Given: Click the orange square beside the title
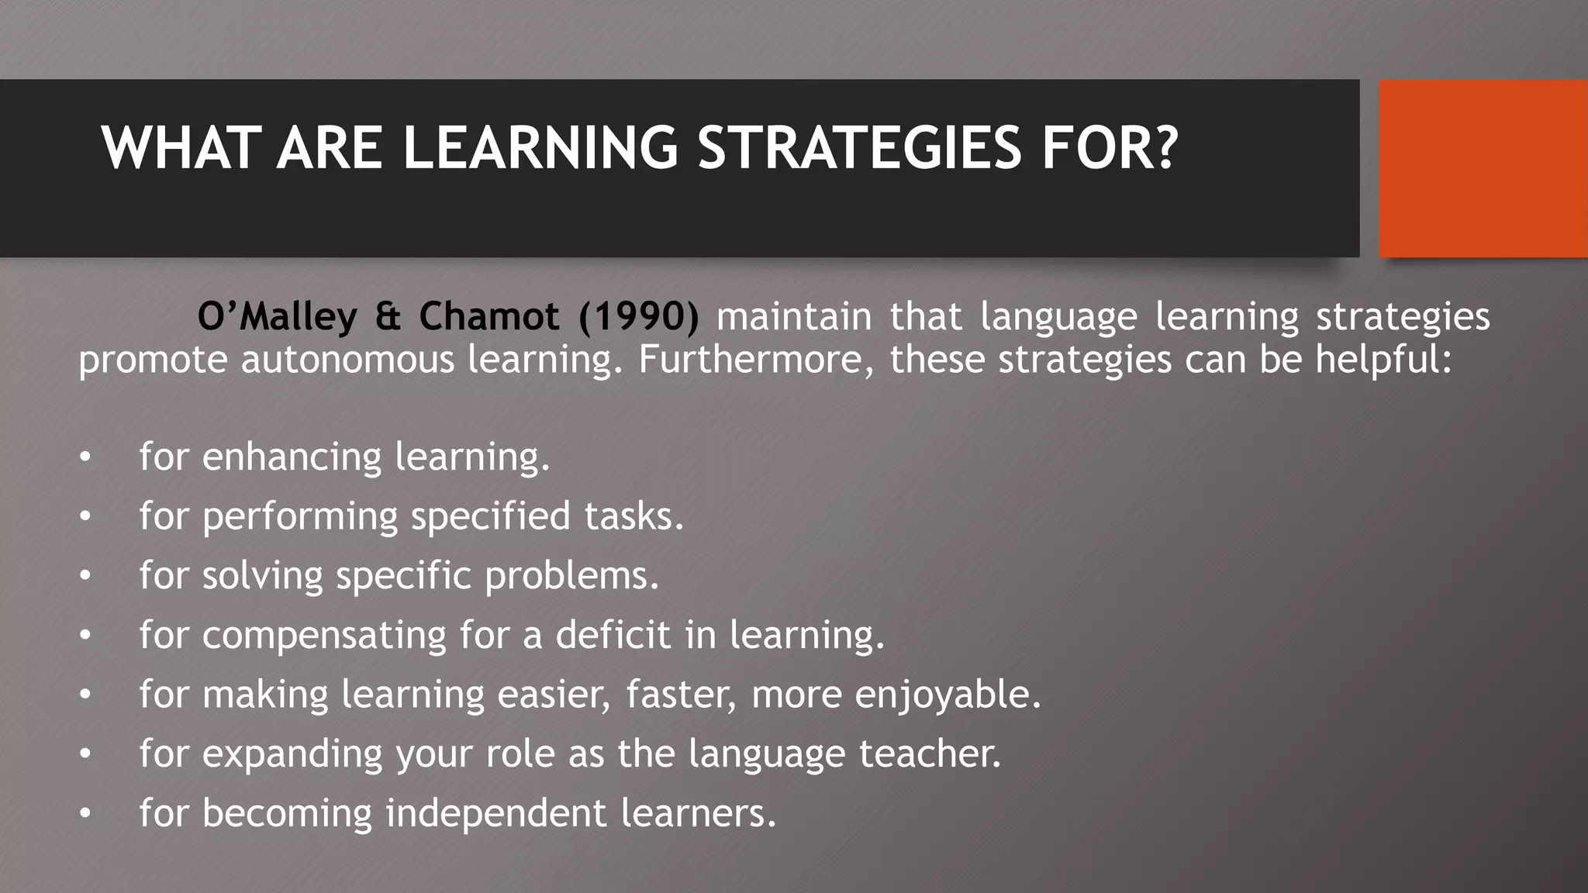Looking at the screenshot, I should pyautogui.click(x=1483, y=168).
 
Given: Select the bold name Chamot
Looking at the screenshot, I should pyautogui.click(x=488, y=316).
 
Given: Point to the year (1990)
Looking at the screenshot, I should pyautogui.click(x=638, y=316).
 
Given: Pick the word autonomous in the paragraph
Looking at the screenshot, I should pyautogui.click(x=347, y=360).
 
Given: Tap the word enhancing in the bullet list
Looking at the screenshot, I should pyautogui.click(x=292, y=457).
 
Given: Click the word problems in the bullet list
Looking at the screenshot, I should pyautogui.click(x=571, y=576).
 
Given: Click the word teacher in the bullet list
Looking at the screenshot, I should pyautogui.click(x=930, y=753).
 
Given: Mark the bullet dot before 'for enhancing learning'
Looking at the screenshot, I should pyautogui.click(x=85, y=457).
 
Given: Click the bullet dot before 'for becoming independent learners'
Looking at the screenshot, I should pyautogui.click(x=85, y=814).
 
